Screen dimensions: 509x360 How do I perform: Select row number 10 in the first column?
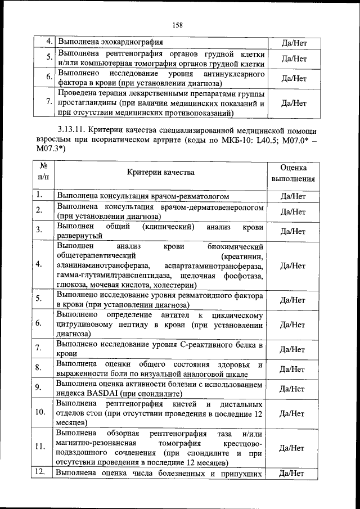coord(40,412)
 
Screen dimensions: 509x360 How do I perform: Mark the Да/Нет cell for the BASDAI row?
coord(292,388)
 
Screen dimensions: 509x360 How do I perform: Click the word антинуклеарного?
coord(235,74)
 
